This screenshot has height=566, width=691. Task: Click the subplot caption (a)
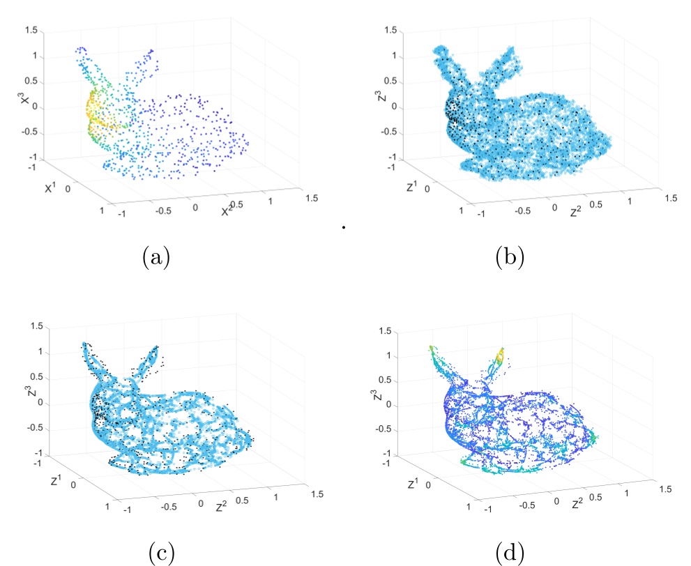coord(155,259)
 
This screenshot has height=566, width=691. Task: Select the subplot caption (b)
coord(510,259)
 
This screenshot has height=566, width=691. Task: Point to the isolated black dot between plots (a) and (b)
coord(344,226)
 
